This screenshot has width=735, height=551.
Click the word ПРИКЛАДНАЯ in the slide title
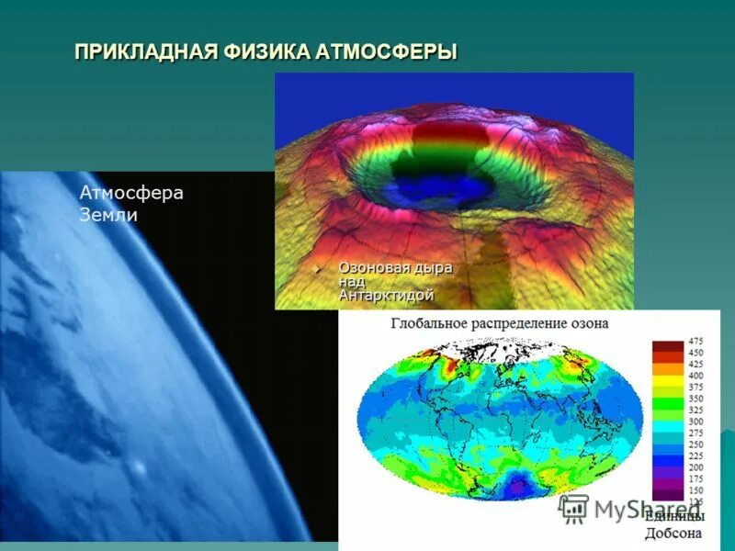145,51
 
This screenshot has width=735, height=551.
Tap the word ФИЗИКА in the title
266,51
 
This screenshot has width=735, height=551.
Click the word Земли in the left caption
108,216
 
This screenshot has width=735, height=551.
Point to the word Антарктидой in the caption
386,296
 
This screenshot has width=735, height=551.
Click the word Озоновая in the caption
371,267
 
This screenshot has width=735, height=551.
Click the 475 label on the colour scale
695,342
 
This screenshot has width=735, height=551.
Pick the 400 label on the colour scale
695,376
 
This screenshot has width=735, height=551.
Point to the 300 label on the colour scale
695,421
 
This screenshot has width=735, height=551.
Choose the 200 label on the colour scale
695,467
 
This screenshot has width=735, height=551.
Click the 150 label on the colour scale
695,489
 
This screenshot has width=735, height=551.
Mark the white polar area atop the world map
496,349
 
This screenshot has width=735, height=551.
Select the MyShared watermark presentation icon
574,508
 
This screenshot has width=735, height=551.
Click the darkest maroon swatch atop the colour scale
668,346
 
